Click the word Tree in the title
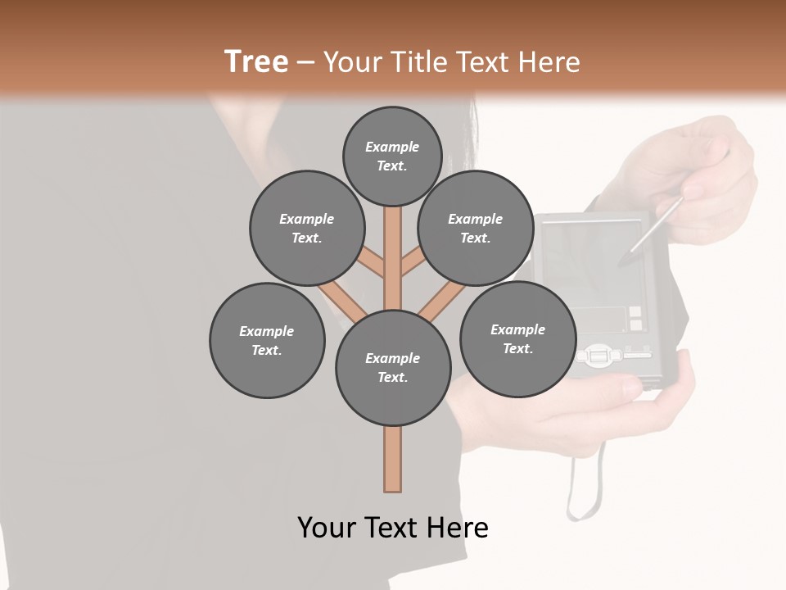coord(256,62)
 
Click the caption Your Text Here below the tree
coord(393,528)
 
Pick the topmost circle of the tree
coord(392,156)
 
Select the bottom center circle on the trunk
coord(393,368)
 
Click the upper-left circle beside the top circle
coord(306,228)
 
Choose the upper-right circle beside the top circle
coord(475,228)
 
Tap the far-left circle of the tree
coord(267,340)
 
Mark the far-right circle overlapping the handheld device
coord(517,338)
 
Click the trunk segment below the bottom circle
coord(393,459)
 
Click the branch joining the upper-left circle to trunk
coord(373,265)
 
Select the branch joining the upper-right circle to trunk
coord(413,264)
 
